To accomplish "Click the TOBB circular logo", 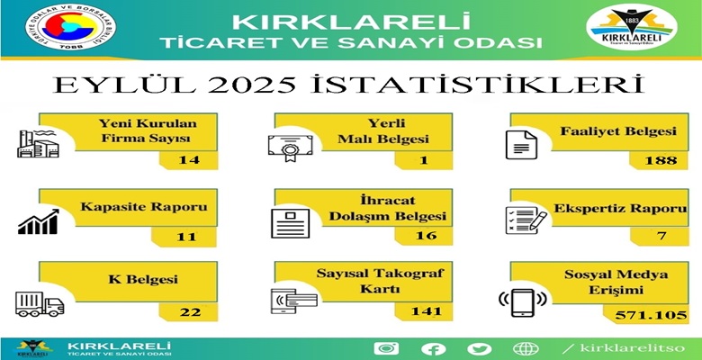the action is pyautogui.click(x=71, y=27).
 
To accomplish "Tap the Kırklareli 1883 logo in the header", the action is pyautogui.click(x=632, y=27).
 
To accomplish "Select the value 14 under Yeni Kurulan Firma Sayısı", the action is pyautogui.click(x=189, y=159).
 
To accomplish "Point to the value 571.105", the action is pyautogui.click(x=651, y=315).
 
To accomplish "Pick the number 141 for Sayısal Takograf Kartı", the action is pyautogui.click(x=426, y=310).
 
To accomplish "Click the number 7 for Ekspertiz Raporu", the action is pyautogui.click(x=662, y=235).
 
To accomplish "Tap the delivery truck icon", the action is pyautogui.click(x=40, y=304).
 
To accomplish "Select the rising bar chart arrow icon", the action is pyautogui.click(x=39, y=221).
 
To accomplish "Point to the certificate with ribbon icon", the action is pyautogui.click(x=291, y=148).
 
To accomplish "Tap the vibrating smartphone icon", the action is pyautogui.click(x=523, y=302).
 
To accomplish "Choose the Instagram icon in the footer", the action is pyautogui.click(x=386, y=348).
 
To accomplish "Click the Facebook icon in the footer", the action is pyautogui.click(x=434, y=349).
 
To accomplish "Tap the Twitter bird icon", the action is pyautogui.click(x=480, y=349).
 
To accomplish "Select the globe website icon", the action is pyautogui.click(x=526, y=348).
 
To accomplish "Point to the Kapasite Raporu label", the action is pyautogui.click(x=144, y=207).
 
